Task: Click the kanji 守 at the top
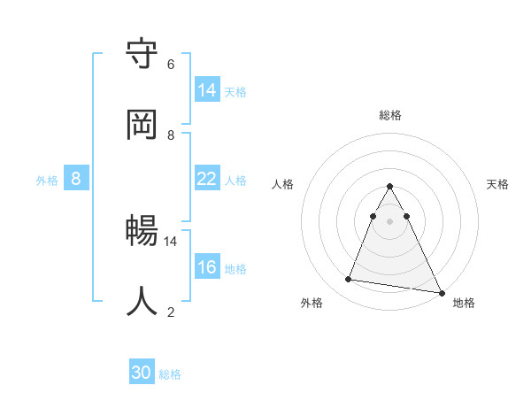point(142,54)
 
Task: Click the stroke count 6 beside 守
point(171,65)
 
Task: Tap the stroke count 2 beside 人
point(171,312)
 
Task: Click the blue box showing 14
point(207,89)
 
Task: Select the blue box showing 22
point(207,179)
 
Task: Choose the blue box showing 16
point(207,267)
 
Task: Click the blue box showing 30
point(142,374)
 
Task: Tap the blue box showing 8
point(76,179)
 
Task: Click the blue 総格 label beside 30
point(170,374)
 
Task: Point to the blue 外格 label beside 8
point(47,180)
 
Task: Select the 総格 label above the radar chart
point(389,115)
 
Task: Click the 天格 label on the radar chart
point(497,184)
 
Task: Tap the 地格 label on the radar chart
point(464,303)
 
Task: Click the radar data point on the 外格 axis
point(349,280)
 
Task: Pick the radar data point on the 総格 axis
point(389,187)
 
